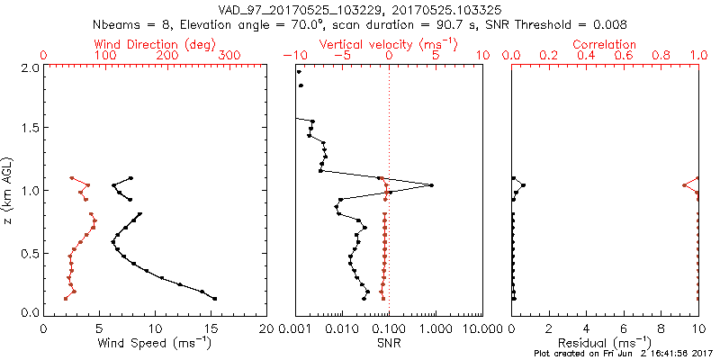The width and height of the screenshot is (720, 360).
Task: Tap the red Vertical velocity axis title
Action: [389, 44]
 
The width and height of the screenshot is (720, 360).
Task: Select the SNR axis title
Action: [389, 343]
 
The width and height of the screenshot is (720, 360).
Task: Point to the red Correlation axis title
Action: [605, 44]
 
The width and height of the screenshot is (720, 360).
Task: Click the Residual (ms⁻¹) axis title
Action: [605, 343]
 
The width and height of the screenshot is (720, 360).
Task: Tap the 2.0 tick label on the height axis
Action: [31, 67]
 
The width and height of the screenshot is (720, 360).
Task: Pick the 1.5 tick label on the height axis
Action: [31, 129]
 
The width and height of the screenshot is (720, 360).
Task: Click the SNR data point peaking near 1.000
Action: [432, 185]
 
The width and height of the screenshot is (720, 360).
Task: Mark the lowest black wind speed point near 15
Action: [214, 298]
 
